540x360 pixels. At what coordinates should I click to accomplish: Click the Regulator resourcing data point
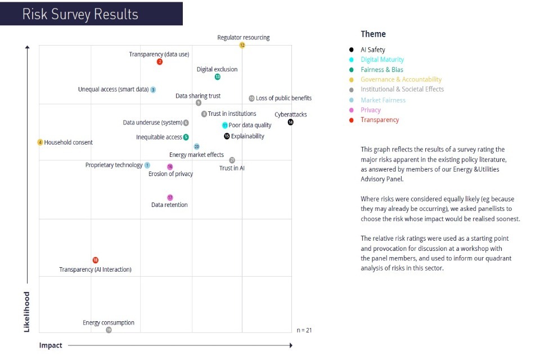point(242,45)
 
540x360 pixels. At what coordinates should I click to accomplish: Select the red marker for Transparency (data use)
point(160,62)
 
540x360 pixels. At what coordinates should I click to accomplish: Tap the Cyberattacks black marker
point(290,122)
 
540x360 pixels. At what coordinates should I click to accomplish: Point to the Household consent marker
point(40,142)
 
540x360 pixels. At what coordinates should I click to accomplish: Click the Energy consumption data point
point(109,330)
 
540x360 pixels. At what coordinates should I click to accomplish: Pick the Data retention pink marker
point(170,197)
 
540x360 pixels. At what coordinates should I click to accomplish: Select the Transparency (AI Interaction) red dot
point(95,260)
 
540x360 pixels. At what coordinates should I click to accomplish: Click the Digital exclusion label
point(217,70)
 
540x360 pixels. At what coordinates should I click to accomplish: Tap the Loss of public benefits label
point(283,98)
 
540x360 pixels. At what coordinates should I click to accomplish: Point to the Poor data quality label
point(250,125)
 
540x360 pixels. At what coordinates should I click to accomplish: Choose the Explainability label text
point(247,136)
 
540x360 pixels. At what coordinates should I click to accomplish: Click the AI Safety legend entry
point(372,50)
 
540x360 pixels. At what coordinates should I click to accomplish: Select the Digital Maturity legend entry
point(382,60)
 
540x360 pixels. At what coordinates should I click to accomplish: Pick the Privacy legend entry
point(371,110)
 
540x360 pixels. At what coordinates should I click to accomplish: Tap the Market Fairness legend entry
point(382,100)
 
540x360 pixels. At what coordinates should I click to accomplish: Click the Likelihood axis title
point(26,311)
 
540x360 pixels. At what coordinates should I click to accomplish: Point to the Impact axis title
point(51,345)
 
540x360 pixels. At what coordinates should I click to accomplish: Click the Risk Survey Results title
point(80,14)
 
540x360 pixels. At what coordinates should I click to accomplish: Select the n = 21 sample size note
point(304,330)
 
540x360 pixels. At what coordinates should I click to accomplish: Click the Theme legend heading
point(373,34)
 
